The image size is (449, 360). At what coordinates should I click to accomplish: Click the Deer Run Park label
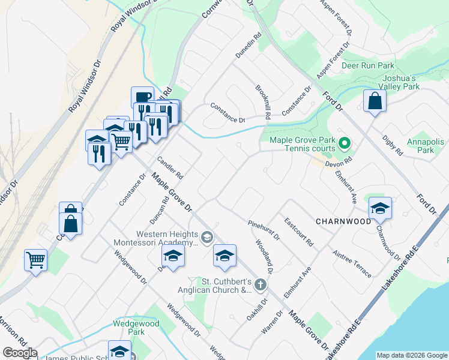(367, 65)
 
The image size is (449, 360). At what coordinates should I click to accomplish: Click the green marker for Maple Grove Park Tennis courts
(344, 143)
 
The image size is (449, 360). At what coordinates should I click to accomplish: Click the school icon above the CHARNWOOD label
(379, 208)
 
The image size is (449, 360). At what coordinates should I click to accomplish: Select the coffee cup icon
(143, 97)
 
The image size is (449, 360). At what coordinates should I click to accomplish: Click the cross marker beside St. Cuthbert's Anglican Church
(260, 284)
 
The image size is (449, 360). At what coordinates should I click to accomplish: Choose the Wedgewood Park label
(136, 328)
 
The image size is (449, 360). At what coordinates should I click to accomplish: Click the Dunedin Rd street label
(249, 46)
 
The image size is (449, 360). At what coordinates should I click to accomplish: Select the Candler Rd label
(170, 168)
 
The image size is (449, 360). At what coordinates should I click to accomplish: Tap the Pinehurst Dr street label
(264, 230)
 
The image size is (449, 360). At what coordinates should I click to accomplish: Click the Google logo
(20, 353)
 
